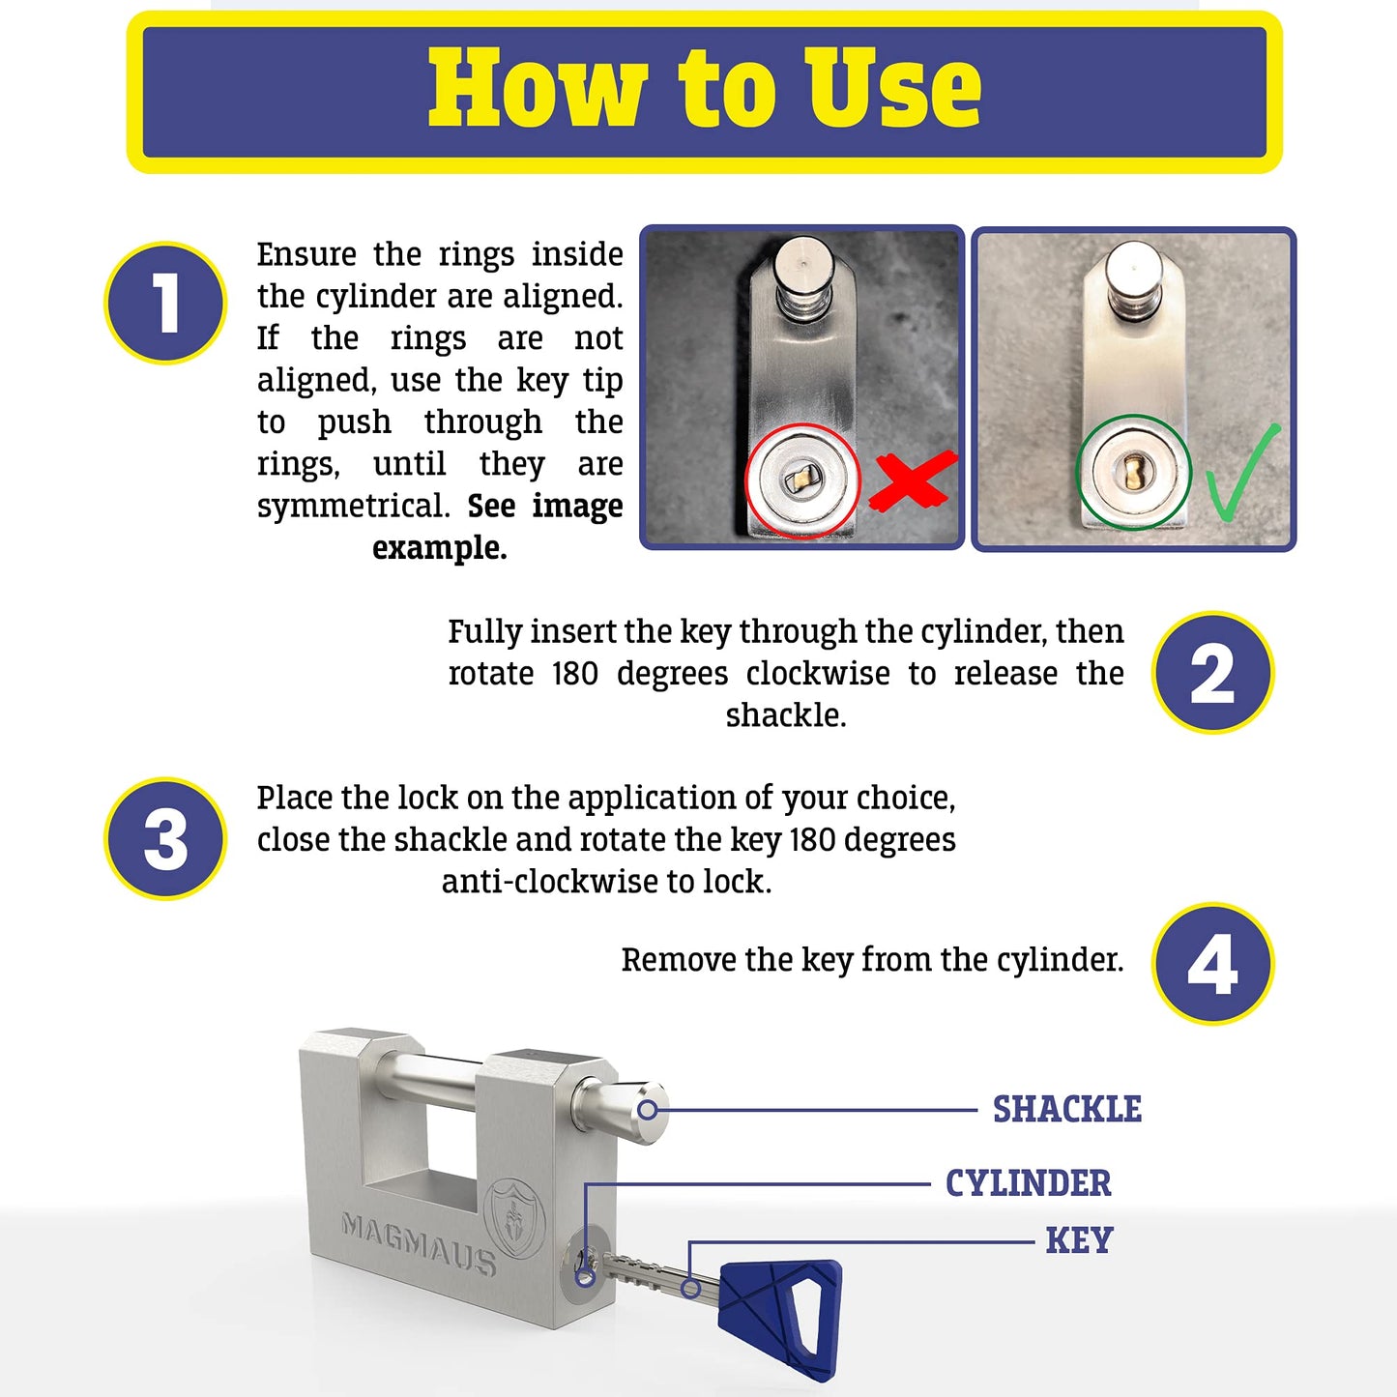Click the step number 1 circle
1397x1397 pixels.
tap(165, 303)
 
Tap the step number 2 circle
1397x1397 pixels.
tap(1212, 673)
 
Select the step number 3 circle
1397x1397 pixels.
tap(165, 839)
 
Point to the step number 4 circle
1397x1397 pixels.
tap(1212, 964)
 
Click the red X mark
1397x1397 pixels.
tap(912, 480)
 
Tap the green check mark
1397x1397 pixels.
tap(1243, 474)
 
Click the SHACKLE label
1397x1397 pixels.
tap(1066, 1110)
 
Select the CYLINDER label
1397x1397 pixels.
tap(1028, 1183)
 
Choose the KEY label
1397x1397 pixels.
tap(1079, 1240)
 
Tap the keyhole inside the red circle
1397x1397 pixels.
tap(801, 479)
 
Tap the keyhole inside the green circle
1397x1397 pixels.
tap(1133, 473)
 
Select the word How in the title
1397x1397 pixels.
tap(538, 88)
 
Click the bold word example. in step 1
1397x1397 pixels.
tap(440, 548)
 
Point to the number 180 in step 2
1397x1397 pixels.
tap(574, 674)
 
